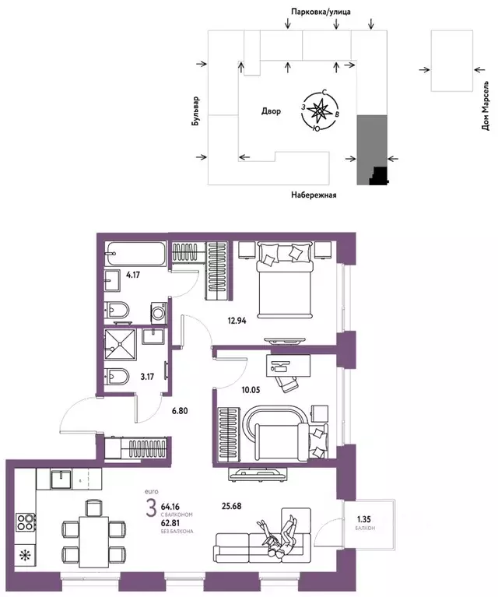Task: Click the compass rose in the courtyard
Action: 319,111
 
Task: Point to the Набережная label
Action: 314,195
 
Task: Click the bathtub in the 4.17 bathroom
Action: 135,253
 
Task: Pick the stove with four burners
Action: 25,522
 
